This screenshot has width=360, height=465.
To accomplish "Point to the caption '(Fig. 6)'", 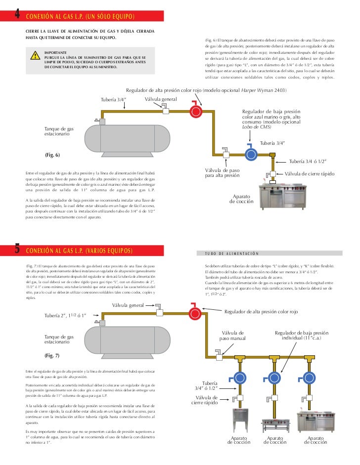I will [52, 155].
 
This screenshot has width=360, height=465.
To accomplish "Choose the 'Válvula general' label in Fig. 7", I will [128, 305].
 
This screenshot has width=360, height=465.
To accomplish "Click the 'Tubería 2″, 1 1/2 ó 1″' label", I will [66, 315].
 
